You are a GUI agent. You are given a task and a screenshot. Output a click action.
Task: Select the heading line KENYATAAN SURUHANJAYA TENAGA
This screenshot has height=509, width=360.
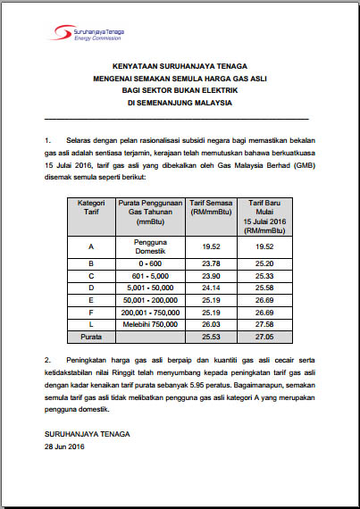tap(180, 66)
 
